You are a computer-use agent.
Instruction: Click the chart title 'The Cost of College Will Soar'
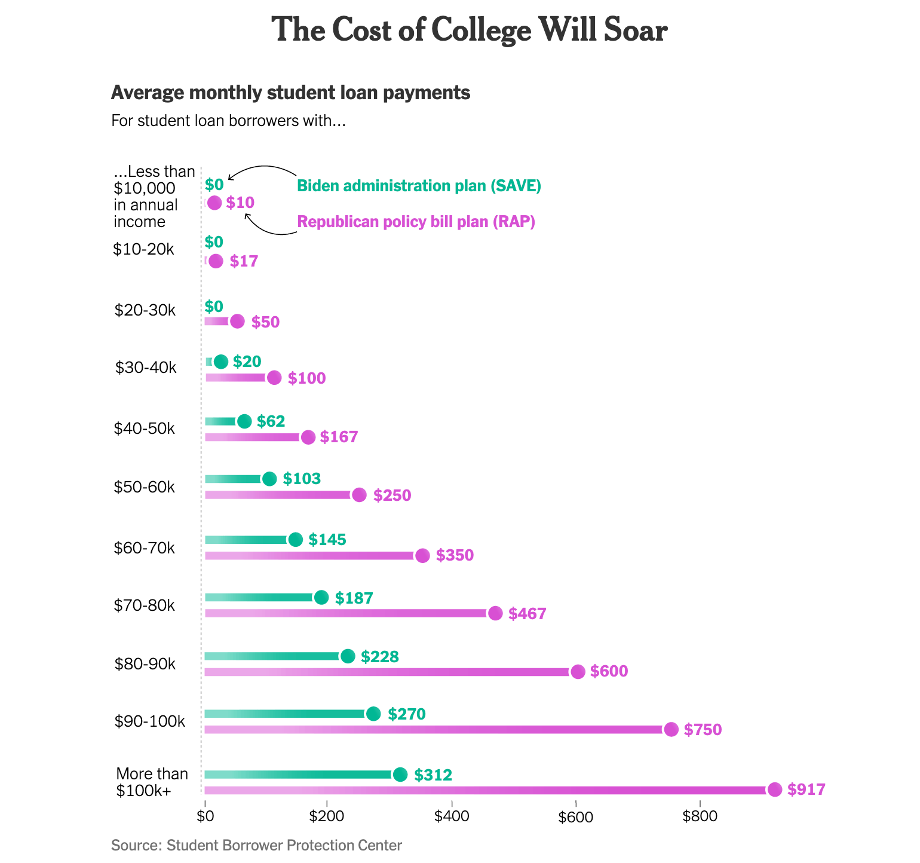[x=469, y=30]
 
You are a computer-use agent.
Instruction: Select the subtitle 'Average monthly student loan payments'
[x=290, y=93]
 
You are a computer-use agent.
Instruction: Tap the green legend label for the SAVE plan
[x=419, y=186]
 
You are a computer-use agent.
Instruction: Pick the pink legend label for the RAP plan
[x=416, y=222]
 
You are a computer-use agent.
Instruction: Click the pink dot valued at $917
[x=775, y=789]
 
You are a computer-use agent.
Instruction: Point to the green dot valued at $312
[x=400, y=775]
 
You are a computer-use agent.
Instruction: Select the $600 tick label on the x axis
[x=575, y=817]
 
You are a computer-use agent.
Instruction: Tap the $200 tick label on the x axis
[x=327, y=816]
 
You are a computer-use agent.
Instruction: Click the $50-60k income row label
[x=145, y=487]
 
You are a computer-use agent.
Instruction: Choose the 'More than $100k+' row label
[x=152, y=782]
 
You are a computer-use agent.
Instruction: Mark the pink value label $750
[x=703, y=730]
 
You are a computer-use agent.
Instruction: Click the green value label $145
[x=327, y=540]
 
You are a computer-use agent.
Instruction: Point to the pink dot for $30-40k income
[x=274, y=378]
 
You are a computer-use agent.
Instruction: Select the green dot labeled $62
[x=244, y=421]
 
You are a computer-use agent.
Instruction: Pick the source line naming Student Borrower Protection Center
[x=256, y=845]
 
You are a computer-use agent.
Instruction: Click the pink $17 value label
[x=244, y=262]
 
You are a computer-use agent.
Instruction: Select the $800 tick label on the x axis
[x=699, y=816]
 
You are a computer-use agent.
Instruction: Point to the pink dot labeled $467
[x=495, y=613]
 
